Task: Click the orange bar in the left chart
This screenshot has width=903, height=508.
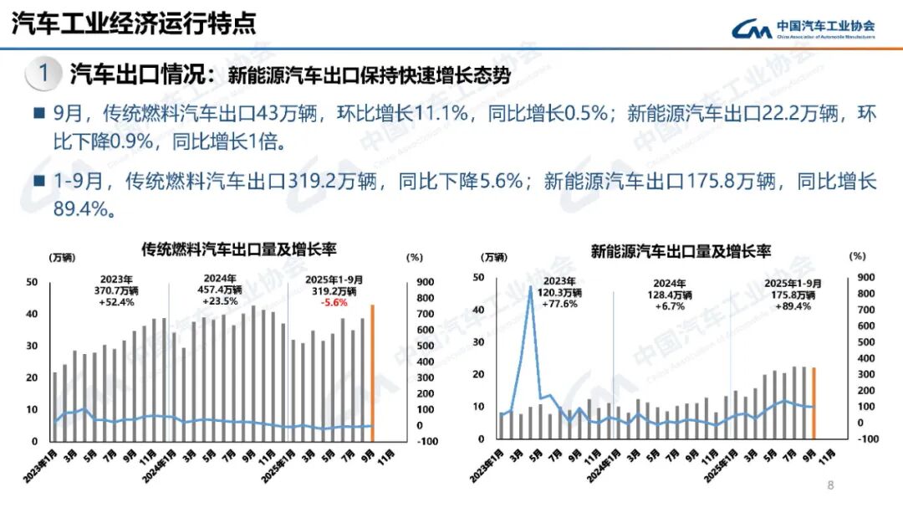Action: pyautogui.click(x=372, y=372)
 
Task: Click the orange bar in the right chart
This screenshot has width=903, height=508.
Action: pyautogui.click(x=814, y=403)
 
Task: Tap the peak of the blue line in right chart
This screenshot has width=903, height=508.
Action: pyautogui.click(x=530, y=288)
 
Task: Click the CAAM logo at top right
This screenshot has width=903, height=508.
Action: pyautogui.click(x=804, y=28)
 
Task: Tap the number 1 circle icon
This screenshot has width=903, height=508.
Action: pyautogui.click(x=43, y=74)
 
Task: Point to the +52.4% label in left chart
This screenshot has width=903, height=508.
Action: pyautogui.click(x=116, y=302)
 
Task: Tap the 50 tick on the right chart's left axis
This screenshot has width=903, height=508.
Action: pyautogui.click(x=479, y=278)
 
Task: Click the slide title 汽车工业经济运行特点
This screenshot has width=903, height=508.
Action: pyautogui.click(x=134, y=23)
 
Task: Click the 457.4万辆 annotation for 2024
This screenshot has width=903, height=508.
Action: pyautogui.click(x=221, y=290)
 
